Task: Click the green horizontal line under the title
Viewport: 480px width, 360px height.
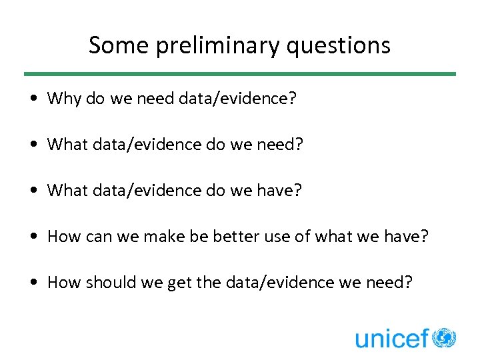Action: (240, 74)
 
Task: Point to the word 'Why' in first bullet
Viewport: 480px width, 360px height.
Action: (64, 99)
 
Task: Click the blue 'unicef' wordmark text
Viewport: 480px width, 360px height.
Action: (391, 338)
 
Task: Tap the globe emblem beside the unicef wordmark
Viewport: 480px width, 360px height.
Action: (444, 337)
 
